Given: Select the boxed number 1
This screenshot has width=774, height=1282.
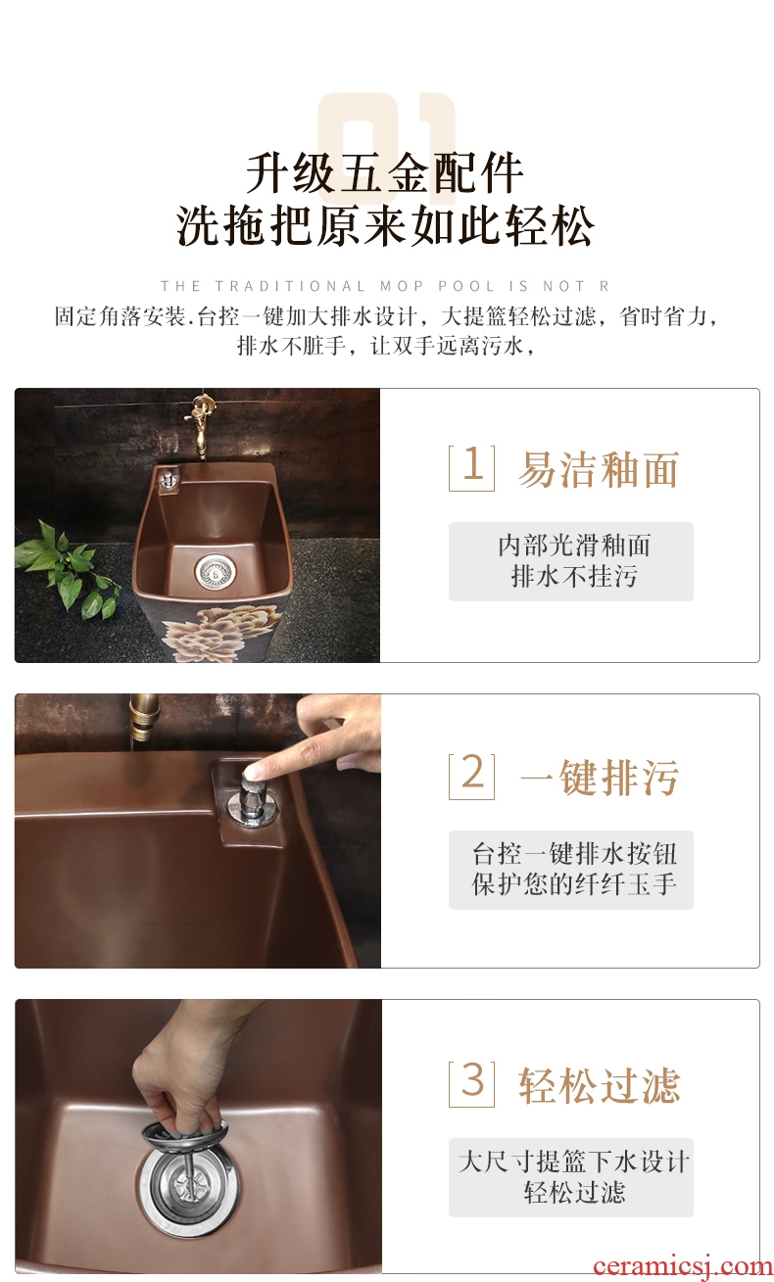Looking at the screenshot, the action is point(471,467).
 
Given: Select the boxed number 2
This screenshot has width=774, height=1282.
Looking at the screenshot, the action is point(471,776).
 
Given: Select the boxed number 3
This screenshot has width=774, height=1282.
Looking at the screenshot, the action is point(471,1084).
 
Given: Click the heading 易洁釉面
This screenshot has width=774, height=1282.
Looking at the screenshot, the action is point(599,469).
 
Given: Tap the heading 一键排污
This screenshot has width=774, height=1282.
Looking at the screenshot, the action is point(599,778).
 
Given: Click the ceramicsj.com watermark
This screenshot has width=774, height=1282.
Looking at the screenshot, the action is point(682,1265).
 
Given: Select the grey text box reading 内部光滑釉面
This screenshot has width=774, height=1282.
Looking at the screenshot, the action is point(571,561).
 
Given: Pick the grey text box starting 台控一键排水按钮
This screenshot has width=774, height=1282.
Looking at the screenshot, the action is point(571,870).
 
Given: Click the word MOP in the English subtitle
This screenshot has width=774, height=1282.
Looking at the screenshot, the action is point(402,286).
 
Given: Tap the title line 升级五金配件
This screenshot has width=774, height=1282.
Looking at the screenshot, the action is point(384,172).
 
